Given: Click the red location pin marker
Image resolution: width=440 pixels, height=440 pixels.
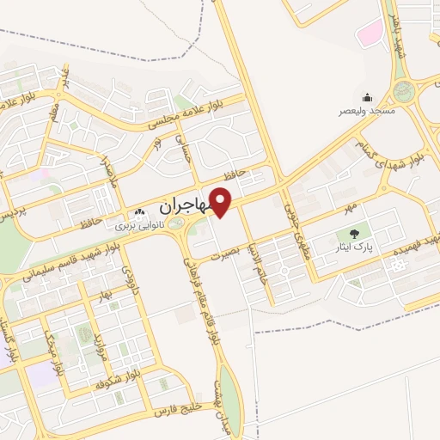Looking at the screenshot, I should click(x=221, y=203).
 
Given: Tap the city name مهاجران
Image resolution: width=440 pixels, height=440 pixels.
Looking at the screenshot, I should click(x=183, y=207).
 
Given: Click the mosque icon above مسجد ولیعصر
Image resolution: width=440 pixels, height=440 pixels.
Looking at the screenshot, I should click(x=367, y=97).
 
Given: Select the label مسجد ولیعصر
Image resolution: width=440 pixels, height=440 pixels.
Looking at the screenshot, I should click(x=367, y=111).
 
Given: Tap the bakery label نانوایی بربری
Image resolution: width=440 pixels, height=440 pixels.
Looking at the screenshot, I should click(x=142, y=227).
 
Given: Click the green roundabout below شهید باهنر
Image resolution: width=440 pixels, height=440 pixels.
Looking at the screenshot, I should click(x=403, y=91).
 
